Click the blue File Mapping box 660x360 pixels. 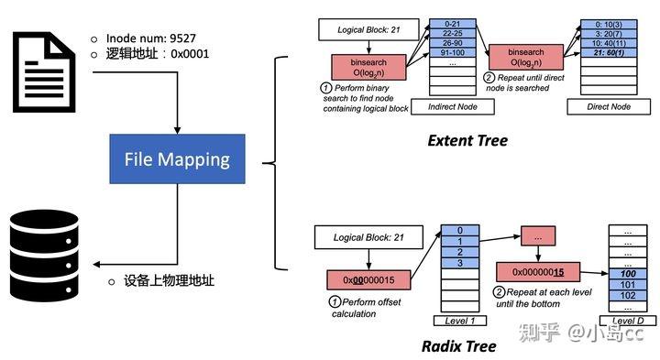point(177,158)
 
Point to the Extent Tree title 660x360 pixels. point(467,141)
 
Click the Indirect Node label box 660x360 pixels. point(452,107)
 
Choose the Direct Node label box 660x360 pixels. point(608,107)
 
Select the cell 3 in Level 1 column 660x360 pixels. point(457,264)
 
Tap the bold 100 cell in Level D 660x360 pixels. point(628,274)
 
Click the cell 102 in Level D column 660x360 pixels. point(628,296)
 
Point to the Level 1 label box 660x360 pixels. point(457,320)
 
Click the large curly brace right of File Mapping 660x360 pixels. point(271,163)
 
